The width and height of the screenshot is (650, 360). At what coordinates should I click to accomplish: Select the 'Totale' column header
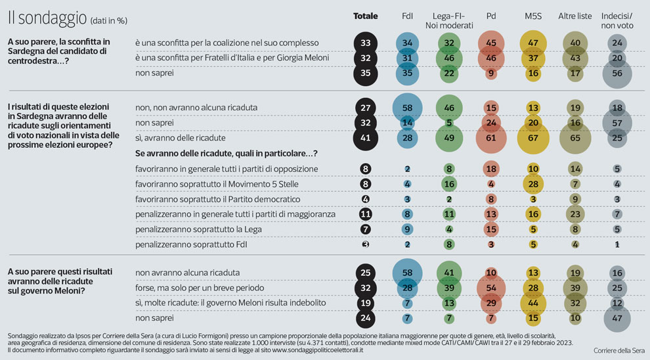click(x=366, y=16)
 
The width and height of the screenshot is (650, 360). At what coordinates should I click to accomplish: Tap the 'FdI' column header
click(x=408, y=16)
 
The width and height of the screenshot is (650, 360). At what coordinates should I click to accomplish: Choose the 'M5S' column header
click(x=533, y=16)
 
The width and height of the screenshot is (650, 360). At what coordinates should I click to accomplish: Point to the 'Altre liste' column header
click(x=574, y=16)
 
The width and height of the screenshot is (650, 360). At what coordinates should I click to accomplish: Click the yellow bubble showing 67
click(x=533, y=138)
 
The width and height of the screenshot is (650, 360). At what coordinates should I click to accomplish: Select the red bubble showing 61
click(x=491, y=138)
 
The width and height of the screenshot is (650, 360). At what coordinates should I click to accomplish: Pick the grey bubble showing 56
click(x=617, y=74)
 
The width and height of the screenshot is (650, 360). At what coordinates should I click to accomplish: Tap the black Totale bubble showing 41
click(x=366, y=138)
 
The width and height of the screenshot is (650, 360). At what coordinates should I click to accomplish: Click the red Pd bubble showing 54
click(x=491, y=286)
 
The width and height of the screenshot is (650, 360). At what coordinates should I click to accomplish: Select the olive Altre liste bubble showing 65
click(x=575, y=138)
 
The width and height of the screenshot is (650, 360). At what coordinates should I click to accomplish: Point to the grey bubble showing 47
click(x=617, y=317)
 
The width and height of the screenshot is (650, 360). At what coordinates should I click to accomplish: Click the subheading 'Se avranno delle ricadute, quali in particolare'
click(x=227, y=153)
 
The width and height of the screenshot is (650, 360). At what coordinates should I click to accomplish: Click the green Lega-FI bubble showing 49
click(x=449, y=138)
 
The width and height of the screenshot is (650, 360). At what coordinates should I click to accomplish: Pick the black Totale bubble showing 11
click(x=366, y=214)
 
